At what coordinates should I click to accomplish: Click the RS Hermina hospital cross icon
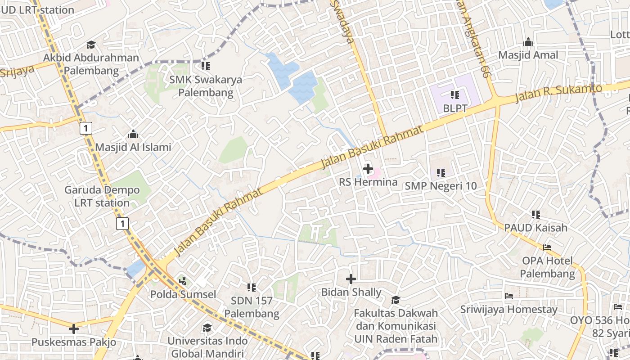coord(368,169)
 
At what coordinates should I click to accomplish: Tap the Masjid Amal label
coord(528,55)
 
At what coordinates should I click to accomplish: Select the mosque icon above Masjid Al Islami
coord(133,135)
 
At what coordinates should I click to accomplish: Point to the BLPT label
coord(455,108)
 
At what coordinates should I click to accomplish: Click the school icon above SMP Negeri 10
coord(441,172)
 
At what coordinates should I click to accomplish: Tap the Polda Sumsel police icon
coord(183,281)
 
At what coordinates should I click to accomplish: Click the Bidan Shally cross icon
coord(351,279)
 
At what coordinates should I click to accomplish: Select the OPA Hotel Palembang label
coord(548,267)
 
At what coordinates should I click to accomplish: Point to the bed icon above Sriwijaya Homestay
coord(509,296)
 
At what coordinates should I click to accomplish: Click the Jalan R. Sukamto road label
coord(558,93)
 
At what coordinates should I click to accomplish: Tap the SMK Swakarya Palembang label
coord(206,86)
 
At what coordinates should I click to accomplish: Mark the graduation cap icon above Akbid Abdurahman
coord(91,45)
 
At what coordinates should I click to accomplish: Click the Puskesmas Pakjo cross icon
coord(74,329)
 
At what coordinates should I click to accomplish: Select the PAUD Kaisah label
coord(535,228)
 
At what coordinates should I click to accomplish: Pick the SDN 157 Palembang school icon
coord(252,287)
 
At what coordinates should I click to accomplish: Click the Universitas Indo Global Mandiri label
coord(207,346)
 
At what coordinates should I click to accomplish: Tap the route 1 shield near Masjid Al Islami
coord(85,129)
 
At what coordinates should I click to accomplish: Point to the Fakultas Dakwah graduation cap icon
coord(396,300)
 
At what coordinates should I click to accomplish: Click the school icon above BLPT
coord(455,95)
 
